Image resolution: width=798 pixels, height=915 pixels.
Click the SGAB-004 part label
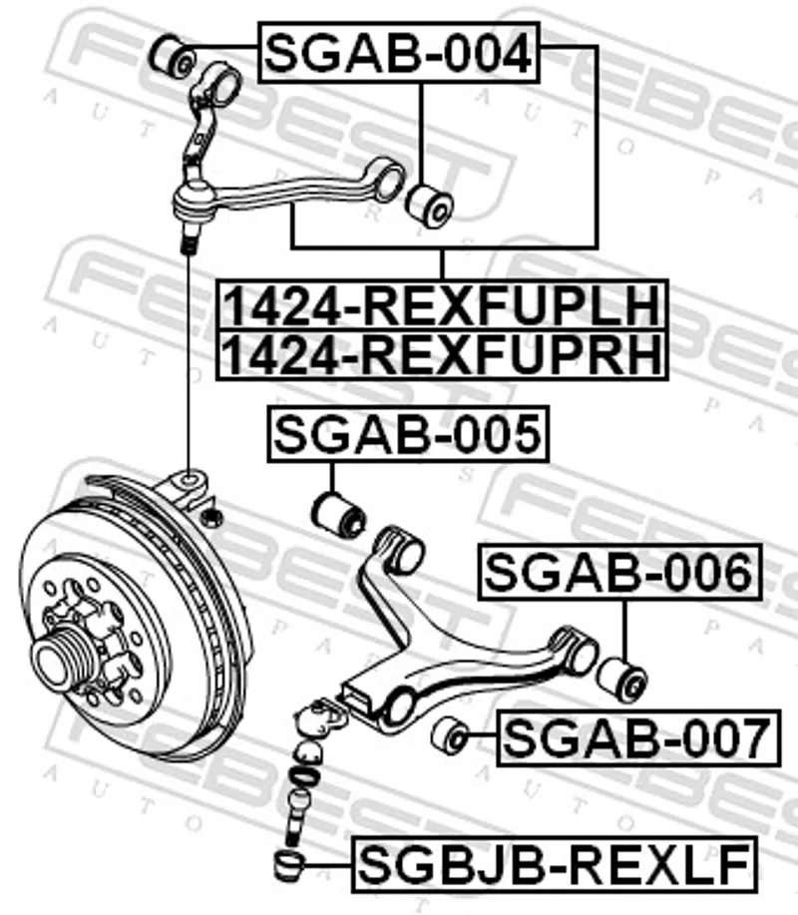click(399, 53)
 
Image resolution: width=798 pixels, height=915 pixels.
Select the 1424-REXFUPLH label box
click(442, 305)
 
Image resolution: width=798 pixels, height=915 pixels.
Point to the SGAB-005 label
click(408, 434)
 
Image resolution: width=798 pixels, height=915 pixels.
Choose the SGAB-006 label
click(619, 572)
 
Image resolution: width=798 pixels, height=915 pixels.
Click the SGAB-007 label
click(638, 737)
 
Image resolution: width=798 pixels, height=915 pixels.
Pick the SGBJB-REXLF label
click(555, 864)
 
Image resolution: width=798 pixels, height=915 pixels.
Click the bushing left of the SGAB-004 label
click(172, 56)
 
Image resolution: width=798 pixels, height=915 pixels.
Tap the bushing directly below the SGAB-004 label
click(429, 206)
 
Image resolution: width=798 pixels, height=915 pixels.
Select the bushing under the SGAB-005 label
click(338, 515)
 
